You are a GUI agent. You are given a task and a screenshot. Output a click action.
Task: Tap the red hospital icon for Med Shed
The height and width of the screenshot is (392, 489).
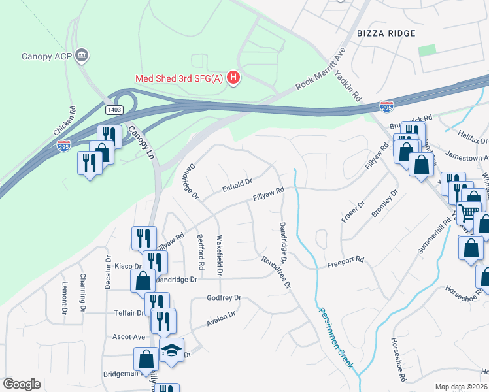point(233,78)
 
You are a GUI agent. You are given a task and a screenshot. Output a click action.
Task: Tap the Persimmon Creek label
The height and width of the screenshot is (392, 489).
point(335,338)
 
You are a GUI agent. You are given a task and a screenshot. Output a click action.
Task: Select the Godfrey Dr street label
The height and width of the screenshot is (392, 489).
point(224,298)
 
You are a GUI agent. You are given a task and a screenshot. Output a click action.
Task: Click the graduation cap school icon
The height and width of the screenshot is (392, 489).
point(171,350)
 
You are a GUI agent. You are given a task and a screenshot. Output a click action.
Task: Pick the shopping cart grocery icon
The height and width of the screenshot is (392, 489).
point(468,212)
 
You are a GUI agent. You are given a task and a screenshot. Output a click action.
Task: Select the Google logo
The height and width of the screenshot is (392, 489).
point(22,384)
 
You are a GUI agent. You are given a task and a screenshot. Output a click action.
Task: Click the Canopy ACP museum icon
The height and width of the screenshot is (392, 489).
point(82,55)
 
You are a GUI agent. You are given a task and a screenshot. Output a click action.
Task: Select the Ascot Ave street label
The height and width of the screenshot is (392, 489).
point(129,337)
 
